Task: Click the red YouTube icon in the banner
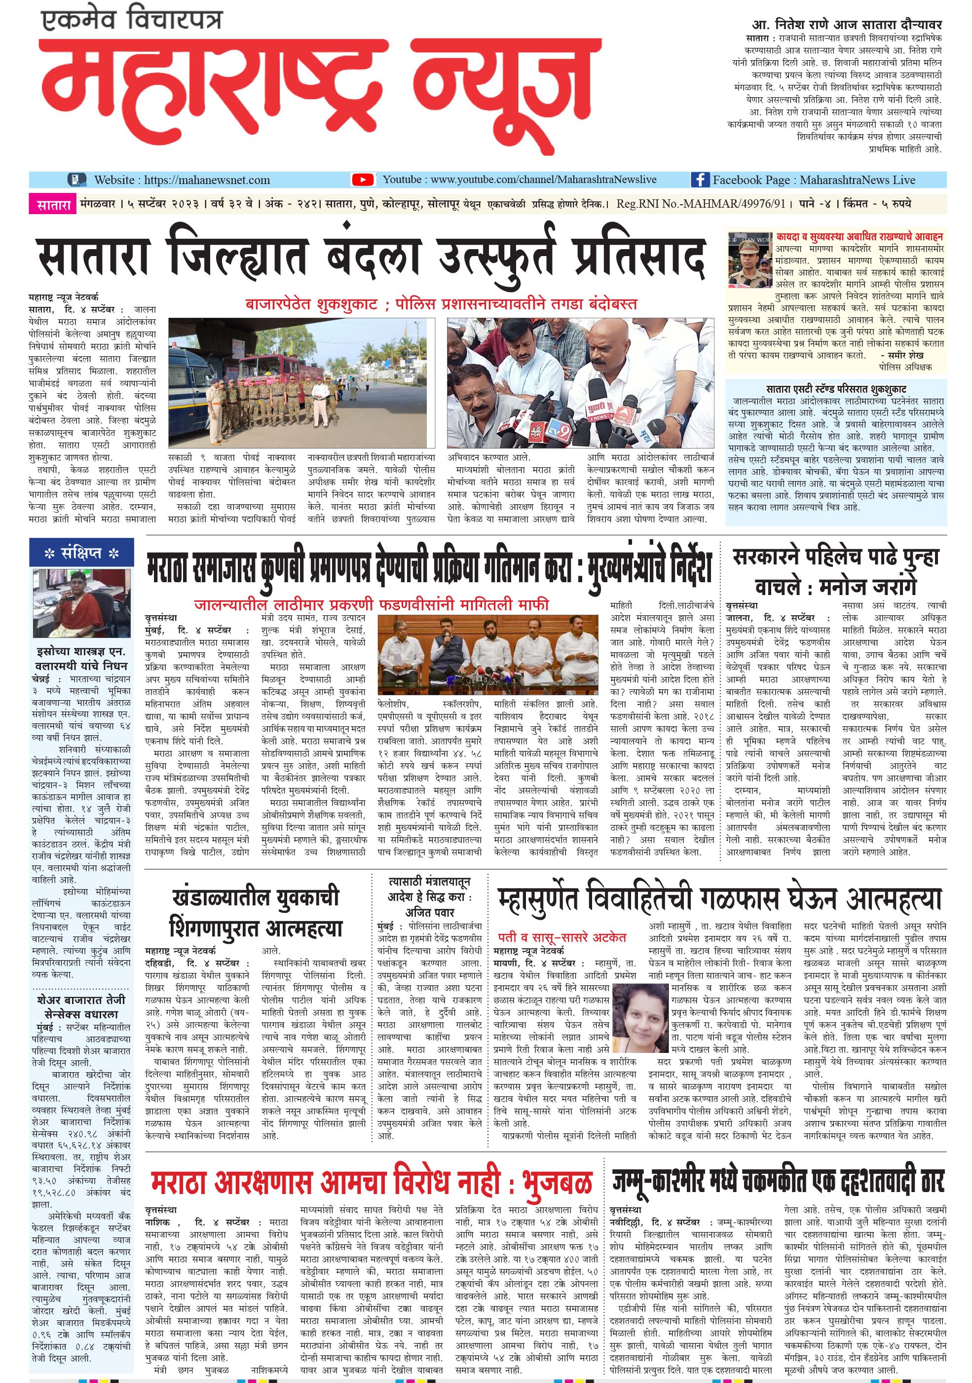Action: point(363,180)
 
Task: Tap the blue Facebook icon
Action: point(699,180)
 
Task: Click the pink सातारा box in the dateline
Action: point(54,205)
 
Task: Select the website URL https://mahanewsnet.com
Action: point(207,180)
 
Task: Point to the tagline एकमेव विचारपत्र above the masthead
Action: point(132,22)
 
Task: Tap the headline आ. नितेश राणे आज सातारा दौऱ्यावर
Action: point(847,25)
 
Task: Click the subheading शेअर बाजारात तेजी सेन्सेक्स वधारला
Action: point(81,1007)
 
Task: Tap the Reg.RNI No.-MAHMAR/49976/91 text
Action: point(701,204)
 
